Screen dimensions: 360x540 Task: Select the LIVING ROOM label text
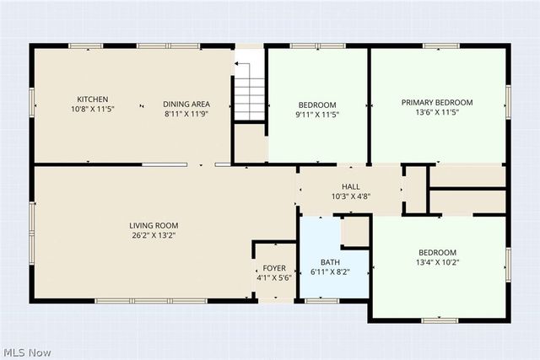coord(154,225)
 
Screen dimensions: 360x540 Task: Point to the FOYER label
coord(274,268)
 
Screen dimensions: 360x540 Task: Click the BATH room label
coord(330,262)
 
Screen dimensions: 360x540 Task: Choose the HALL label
coord(351,186)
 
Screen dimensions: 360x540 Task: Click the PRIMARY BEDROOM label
coord(437,102)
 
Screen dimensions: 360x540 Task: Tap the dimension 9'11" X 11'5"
coord(317,114)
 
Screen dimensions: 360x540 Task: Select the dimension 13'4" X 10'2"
coord(437,262)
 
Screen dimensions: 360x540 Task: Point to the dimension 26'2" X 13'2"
coord(154,235)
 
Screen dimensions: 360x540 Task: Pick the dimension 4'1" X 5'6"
coord(274,277)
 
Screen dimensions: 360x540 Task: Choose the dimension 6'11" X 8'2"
coord(330,272)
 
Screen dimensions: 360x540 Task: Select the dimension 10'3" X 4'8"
coord(351,196)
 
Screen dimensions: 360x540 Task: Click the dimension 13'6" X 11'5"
coord(437,112)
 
